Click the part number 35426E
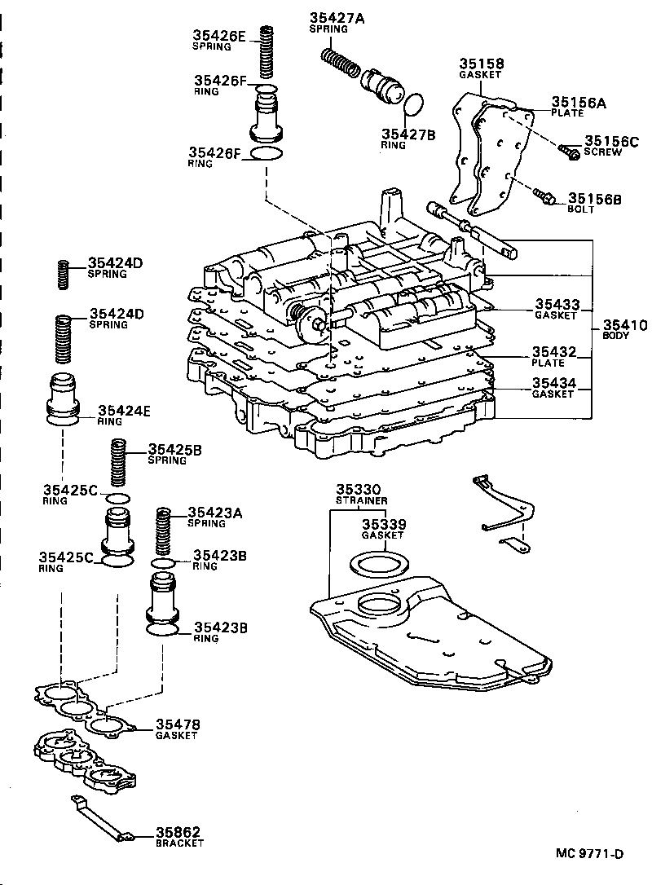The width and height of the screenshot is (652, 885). coord(218,35)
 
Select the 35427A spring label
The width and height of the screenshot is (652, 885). coord(336,18)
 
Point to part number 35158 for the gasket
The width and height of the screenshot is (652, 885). coord(480,64)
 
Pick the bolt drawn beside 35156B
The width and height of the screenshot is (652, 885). coord(544,196)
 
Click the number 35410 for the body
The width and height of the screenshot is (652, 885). coord(624,325)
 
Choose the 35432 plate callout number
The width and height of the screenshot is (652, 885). coord(555,352)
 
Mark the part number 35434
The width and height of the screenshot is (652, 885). coord(555,382)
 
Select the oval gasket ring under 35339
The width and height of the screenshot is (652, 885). coord(380,564)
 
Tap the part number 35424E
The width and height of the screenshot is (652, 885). coord(124,411)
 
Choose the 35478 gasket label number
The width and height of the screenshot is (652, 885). coord(178,724)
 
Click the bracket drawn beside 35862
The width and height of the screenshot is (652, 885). coord(102,821)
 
